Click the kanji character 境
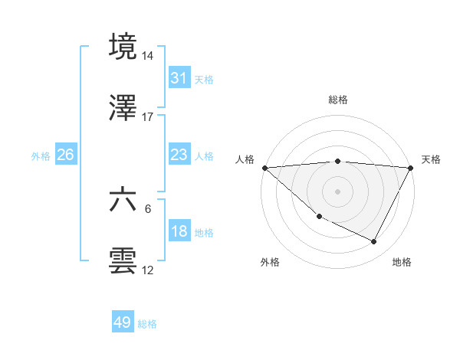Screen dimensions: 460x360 pos(123,47)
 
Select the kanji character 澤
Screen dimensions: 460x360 pos(123,108)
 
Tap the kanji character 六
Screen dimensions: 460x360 pos(123,200)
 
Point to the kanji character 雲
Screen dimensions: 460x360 pos(123,261)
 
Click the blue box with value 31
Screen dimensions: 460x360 pos(179,77)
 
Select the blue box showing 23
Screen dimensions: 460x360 pos(179,155)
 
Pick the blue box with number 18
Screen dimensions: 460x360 pos(179,231)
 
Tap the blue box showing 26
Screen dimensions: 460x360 pos(65,155)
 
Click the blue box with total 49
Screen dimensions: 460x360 pos(123,322)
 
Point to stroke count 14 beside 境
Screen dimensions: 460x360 pos(148,56)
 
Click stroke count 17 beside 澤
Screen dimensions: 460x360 pos(148,117)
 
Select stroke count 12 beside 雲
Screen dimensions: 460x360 pos(148,270)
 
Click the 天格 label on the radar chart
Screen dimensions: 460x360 pos(431,159)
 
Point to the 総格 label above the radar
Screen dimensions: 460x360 pos(338,100)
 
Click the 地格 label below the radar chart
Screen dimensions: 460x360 pos(402,262)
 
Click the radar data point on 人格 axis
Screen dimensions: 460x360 pos(264,168)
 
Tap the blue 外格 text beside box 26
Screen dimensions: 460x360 pos(41,155)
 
